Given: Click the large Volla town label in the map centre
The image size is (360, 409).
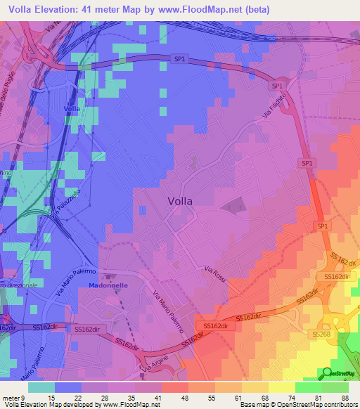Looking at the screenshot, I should click(x=181, y=200).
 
